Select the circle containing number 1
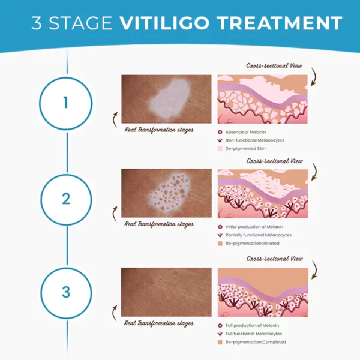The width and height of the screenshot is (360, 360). point(65,103)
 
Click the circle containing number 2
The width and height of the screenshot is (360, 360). point(65,199)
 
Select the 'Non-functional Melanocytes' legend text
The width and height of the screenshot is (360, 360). point(255,139)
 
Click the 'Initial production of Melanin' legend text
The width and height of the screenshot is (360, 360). point(254,226)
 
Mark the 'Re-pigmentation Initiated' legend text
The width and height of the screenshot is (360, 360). point(253,243)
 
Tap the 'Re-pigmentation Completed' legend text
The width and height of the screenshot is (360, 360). point(256,341)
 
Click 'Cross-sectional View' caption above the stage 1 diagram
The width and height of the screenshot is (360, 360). point(274,65)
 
